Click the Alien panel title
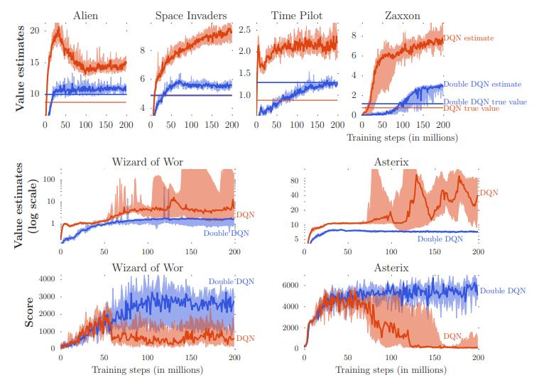86,15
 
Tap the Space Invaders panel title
190,15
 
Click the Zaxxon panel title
401,15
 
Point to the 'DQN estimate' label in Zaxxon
469,38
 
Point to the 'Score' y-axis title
29,313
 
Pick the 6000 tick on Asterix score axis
290,286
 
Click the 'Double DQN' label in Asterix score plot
503,291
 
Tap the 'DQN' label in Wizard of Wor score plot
245,337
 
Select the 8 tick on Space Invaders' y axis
141,50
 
